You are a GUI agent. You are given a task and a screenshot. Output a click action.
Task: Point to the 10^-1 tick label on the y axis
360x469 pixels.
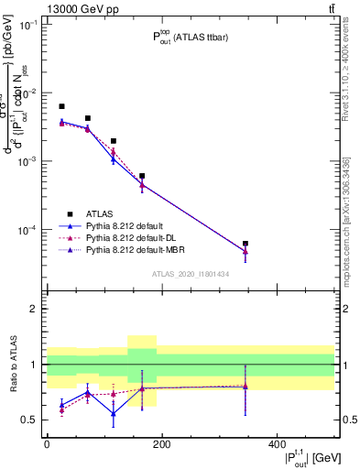27,25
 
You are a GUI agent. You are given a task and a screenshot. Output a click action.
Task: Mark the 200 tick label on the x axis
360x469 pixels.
161,443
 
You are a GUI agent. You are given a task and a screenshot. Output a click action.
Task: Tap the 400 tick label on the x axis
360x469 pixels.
277,443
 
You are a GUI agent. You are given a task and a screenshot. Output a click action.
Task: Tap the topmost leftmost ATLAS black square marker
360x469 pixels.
61,107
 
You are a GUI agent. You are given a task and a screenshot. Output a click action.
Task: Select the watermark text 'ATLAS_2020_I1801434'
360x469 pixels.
191,274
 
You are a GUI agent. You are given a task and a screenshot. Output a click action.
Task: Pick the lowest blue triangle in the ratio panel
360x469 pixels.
114,413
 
